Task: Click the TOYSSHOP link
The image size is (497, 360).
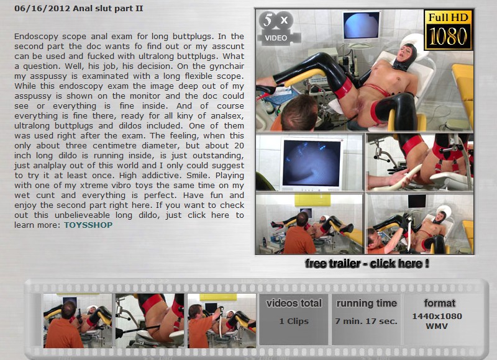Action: pyautogui.click(x=88, y=225)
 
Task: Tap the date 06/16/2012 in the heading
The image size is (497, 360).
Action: pyautogui.click(x=42, y=8)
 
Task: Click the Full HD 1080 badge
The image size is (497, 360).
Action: pyautogui.click(x=448, y=30)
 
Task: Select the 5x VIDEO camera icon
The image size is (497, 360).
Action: pyautogui.click(x=278, y=28)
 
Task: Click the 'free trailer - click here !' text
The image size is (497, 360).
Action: pyautogui.click(x=367, y=263)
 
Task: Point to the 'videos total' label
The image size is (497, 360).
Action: pyautogui.click(x=294, y=304)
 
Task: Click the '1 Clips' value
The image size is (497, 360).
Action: pyautogui.click(x=294, y=321)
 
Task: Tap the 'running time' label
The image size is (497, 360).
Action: pyautogui.click(x=367, y=304)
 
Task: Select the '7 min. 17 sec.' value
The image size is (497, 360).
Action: pyautogui.click(x=366, y=321)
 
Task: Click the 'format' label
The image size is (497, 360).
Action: pyautogui.click(x=440, y=304)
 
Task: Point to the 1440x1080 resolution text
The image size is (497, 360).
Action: pyautogui.click(x=437, y=316)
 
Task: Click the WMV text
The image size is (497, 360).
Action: pyautogui.click(x=437, y=326)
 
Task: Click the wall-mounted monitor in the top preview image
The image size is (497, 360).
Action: pyautogui.click(x=361, y=25)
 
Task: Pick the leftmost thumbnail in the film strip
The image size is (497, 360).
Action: pyautogui.click(x=78, y=320)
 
